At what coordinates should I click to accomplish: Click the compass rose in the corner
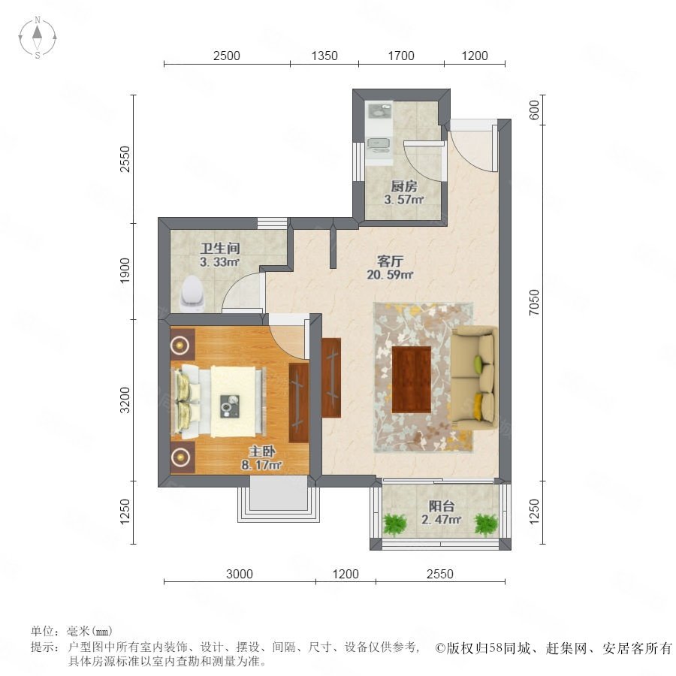(38, 38)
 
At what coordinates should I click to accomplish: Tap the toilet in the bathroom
(192, 294)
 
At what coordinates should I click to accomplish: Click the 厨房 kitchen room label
(404, 186)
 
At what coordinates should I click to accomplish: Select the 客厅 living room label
(390, 261)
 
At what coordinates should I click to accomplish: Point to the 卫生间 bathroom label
(220, 248)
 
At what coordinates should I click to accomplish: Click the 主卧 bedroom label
(261, 451)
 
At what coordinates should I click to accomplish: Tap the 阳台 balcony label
(442, 505)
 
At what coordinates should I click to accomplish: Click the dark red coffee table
(412, 379)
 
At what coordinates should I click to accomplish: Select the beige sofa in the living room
(474, 378)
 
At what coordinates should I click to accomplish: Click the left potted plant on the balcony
(394, 525)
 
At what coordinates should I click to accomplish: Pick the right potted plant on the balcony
(486, 525)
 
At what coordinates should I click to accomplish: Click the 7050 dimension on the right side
(534, 302)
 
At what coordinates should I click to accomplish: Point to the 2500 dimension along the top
(227, 56)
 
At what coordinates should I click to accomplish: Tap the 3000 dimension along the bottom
(240, 574)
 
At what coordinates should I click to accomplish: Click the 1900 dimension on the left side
(125, 270)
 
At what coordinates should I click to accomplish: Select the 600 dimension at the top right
(534, 110)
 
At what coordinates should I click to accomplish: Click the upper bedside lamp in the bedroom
(180, 345)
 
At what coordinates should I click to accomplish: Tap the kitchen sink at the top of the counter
(379, 112)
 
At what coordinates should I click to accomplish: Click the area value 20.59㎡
(390, 275)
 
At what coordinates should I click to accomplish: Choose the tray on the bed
(230, 406)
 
